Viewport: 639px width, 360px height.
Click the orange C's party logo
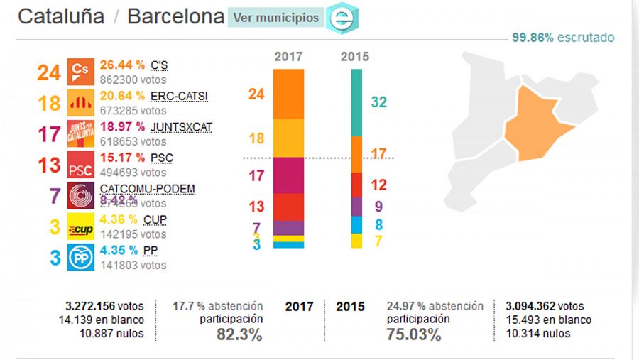80,72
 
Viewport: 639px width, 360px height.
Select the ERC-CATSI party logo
80,103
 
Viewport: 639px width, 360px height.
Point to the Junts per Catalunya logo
80,133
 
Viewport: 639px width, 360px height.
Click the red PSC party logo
80,165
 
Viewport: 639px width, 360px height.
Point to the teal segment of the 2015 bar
357,102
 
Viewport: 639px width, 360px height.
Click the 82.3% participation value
239,334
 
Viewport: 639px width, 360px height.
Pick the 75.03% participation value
413,334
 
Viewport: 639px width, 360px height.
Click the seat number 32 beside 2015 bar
378,102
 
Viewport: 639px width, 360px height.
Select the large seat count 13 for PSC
48,165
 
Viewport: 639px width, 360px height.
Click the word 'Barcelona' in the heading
175,17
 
